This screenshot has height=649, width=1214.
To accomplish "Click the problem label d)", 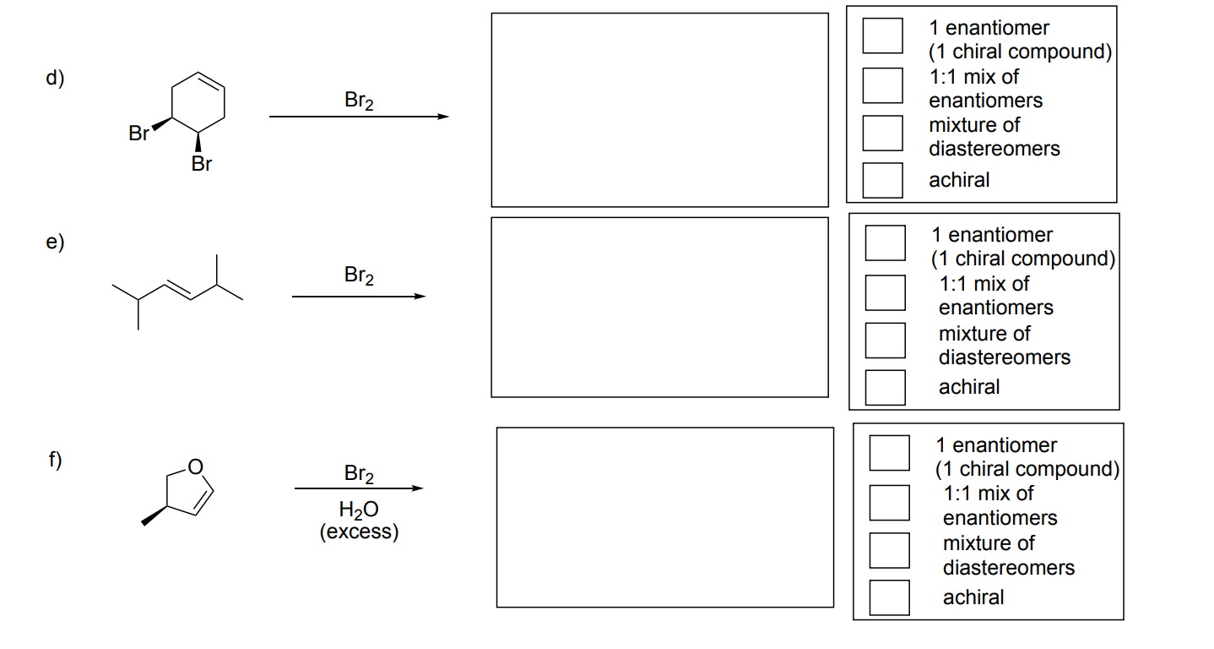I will coord(55,79).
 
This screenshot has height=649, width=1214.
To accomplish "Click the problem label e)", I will coord(55,243).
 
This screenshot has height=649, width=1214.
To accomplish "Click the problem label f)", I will coord(55,461).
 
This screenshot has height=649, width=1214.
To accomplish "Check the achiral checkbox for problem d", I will coord(882,179).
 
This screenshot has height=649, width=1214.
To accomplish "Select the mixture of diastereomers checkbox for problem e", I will coord(886,340).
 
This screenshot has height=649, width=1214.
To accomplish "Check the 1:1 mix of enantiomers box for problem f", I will coord(890,502).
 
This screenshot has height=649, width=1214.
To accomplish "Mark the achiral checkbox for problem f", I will coord(890,597).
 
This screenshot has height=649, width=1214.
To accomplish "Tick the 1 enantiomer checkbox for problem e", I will coord(886,243).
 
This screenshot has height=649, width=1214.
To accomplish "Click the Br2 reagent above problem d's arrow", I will coord(360,101).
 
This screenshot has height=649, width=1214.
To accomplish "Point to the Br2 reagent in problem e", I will coord(360,275).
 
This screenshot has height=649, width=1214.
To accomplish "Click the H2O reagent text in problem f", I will coord(358,510).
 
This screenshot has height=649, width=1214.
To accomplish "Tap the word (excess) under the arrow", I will coord(359,532).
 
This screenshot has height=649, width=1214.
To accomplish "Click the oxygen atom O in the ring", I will coord(195,466).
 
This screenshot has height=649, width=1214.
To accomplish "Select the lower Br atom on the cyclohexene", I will coord(201,164).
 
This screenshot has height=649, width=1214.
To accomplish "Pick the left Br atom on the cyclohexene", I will coord(138,134).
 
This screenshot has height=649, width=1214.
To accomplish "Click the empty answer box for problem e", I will coord(659,307).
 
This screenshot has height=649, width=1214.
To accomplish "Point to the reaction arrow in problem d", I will coord(359,117).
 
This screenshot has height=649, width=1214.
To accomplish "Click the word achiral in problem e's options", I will coord(968,387).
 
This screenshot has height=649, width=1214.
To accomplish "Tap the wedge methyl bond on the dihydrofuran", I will coord(154,516).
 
